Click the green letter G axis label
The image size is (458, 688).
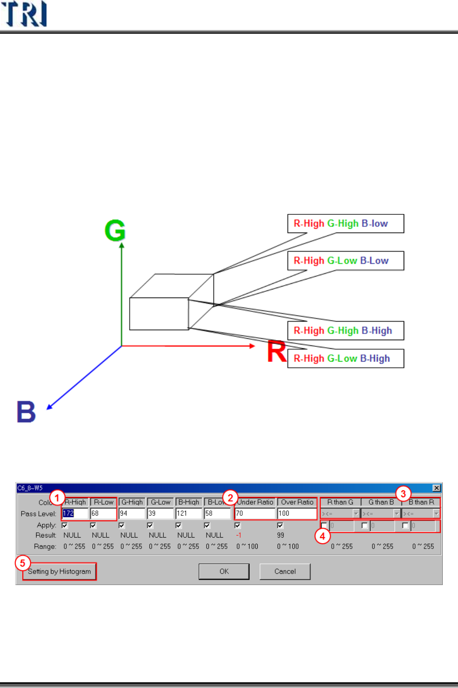point(115,231)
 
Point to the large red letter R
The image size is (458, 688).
point(276,352)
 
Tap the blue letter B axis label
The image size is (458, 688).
point(27,411)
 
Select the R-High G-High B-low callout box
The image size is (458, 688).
point(346,223)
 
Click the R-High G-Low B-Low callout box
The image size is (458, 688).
point(346,260)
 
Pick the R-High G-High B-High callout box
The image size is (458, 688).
point(346,331)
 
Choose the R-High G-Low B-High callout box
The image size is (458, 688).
point(346,359)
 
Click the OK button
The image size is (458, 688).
point(224,571)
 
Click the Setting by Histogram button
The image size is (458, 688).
point(59,571)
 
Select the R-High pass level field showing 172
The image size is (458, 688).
point(75,513)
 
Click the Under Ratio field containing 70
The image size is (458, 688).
point(255,513)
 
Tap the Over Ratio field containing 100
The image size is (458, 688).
point(297,513)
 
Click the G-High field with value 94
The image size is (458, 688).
point(131,513)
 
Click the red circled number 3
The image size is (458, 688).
point(403,493)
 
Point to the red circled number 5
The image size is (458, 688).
point(22,563)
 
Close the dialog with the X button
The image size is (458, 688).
point(437,488)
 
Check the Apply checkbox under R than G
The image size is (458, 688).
point(324,525)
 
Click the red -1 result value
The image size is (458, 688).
point(239,535)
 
